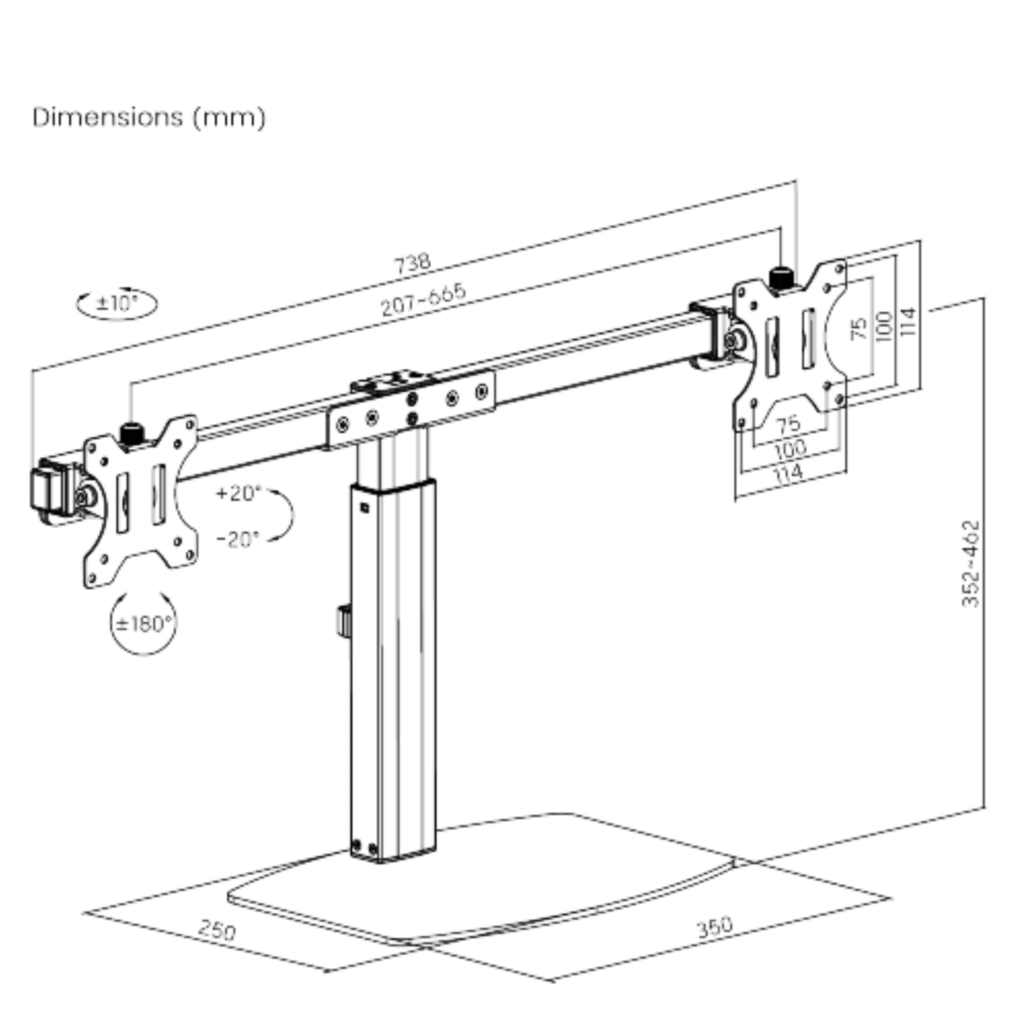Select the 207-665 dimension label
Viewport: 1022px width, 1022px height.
[423, 300]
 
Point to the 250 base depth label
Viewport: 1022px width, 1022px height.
[216, 930]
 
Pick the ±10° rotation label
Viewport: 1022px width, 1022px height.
[117, 304]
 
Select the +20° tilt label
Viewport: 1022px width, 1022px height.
[238, 492]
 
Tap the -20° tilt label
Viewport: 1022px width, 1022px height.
[238, 539]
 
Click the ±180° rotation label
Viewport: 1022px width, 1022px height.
[144, 624]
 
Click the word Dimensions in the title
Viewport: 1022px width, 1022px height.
[107, 117]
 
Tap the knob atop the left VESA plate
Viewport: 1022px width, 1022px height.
[131, 434]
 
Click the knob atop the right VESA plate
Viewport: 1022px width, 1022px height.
[780, 277]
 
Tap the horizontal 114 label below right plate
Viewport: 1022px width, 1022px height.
[788, 472]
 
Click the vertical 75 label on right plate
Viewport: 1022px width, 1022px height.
[859, 327]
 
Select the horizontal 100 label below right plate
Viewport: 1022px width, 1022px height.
[789, 448]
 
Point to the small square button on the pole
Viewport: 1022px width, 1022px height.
[364, 506]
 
